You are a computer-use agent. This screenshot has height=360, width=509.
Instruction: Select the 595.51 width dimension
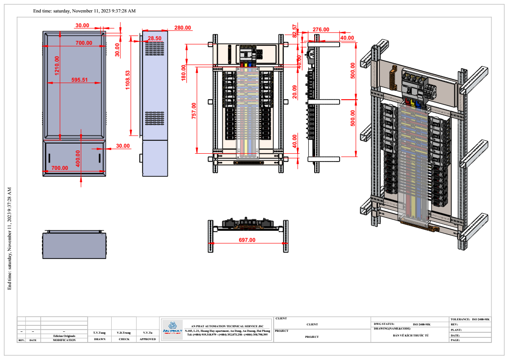(x=79, y=80)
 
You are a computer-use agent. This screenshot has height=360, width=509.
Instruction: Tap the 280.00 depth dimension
(x=182, y=28)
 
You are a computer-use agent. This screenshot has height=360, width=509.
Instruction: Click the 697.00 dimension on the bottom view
(x=247, y=240)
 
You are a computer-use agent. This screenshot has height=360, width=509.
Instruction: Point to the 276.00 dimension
(x=321, y=30)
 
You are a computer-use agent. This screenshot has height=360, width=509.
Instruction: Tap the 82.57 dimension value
(x=295, y=30)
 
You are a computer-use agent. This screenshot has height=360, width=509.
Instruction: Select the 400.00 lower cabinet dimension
(x=78, y=158)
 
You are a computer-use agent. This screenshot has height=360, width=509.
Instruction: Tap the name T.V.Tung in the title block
(x=99, y=332)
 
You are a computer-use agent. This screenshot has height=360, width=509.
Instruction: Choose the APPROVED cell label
(x=148, y=339)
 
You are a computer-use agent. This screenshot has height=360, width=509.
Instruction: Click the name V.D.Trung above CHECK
(x=124, y=332)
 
